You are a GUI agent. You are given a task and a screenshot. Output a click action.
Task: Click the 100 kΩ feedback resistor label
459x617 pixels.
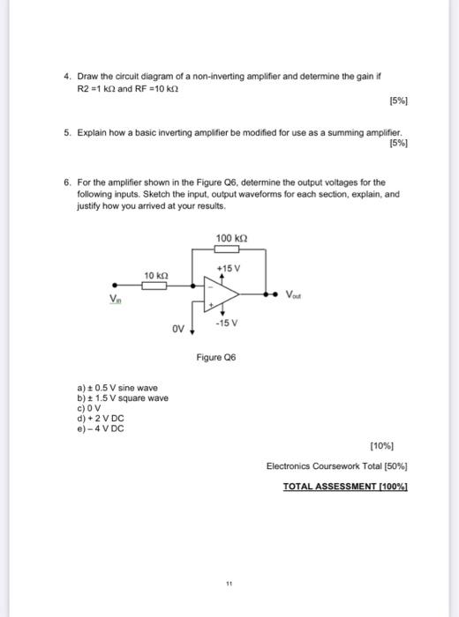point(229,239)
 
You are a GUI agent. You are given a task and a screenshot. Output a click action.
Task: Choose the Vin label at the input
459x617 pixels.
point(115,297)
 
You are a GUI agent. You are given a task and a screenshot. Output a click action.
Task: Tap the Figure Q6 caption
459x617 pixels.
point(216,358)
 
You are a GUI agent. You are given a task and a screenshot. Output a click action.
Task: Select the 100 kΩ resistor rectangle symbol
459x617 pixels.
point(229,249)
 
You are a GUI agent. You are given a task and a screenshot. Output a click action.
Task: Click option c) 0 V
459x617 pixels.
point(90,408)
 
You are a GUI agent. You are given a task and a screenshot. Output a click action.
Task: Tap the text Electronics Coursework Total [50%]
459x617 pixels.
point(336,466)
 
